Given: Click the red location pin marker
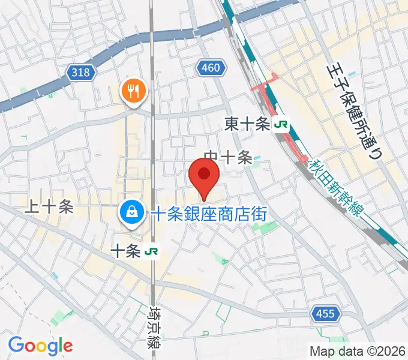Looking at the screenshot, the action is (x=203, y=176).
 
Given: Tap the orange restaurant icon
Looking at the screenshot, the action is (x=131, y=91).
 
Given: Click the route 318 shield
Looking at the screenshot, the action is (x=80, y=73).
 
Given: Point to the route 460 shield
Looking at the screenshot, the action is (x=211, y=68).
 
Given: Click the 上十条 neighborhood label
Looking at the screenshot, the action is (x=49, y=207).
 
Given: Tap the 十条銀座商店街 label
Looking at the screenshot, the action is (x=208, y=212).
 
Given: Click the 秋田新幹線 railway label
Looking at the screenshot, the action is (x=337, y=188).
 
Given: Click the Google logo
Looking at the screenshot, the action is (x=40, y=346).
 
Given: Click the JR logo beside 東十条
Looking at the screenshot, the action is (x=281, y=124).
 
